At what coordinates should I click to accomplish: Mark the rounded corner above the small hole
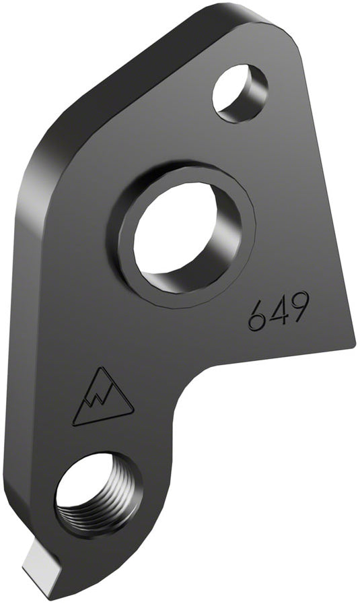click(x=283, y=34)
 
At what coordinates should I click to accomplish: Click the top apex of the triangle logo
click(x=102, y=368)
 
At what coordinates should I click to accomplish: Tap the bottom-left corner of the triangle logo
click(x=73, y=425)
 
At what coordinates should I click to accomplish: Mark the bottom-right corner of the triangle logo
click(x=133, y=409)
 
